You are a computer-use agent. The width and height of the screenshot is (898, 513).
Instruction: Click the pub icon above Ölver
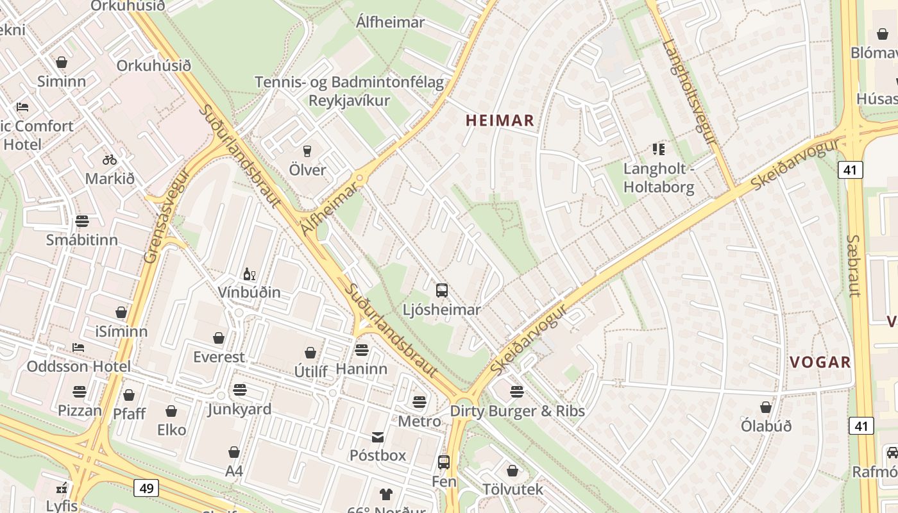click(x=307, y=151)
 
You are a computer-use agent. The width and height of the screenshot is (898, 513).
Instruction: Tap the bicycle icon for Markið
click(x=110, y=160)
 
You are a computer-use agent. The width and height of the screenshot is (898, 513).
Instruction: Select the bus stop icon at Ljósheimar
click(x=442, y=290)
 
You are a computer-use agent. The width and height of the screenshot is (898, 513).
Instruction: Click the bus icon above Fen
click(x=443, y=462)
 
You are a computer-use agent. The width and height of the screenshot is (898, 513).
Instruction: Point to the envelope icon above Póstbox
click(x=378, y=437)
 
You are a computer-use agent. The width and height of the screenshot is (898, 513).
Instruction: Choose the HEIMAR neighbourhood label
click(x=500, y=120)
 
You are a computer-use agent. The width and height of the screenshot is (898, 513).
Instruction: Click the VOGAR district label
click(x=820, y=362)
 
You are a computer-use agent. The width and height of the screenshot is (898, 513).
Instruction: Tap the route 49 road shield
click(x=147, y=488)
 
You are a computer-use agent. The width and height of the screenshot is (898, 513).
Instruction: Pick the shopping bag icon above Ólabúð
click(x=765, y=407)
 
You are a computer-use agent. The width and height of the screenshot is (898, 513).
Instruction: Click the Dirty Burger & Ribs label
click(x=517, y=411)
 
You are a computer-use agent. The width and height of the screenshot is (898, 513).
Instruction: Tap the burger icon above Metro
click(x=419, y=402)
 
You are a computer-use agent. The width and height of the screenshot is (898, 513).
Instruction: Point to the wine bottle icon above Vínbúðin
click(x=249, y=274)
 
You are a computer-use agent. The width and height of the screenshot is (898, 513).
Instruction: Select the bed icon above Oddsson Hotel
click(x=78, y=348)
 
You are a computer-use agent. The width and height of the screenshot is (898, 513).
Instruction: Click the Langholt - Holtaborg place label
click(x=659, y=178)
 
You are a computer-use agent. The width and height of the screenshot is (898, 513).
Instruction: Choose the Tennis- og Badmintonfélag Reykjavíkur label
click(x=350, y=92)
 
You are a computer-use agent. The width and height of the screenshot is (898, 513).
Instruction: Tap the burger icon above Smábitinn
click(x=81, y=221)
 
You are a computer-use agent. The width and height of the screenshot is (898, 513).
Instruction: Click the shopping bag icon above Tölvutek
click(x=512, y=471)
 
